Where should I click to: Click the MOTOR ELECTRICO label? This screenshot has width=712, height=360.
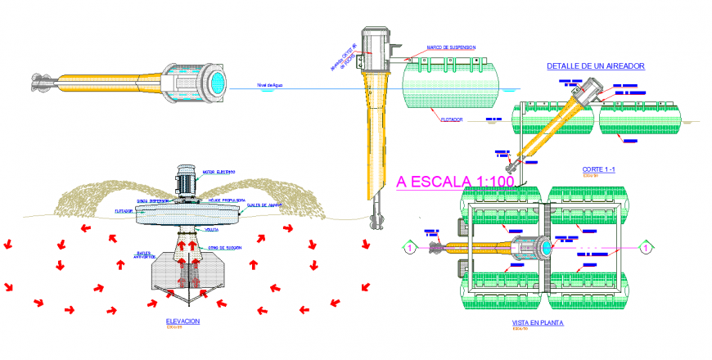point(219,173)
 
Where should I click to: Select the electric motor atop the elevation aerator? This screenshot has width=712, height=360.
point(186,179)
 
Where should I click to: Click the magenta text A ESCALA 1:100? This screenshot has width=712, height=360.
point(455,182)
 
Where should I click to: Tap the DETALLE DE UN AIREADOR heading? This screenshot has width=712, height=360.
point(596,65)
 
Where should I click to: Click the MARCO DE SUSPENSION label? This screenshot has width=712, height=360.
point(450,47)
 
